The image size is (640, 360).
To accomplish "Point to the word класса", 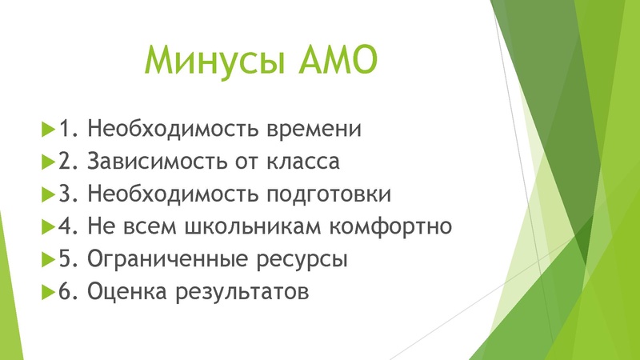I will pyautogui.click(x=302, y=161).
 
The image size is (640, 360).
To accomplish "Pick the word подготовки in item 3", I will pyautogui.click(x=333, y=194).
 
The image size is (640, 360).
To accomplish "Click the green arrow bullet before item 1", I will pyautogui.click(x=45, y=128).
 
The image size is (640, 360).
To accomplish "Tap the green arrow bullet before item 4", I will pyautogui.click(x=45, y=226).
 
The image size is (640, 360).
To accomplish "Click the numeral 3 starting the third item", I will pyautogui.click(x=64, y=194).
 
